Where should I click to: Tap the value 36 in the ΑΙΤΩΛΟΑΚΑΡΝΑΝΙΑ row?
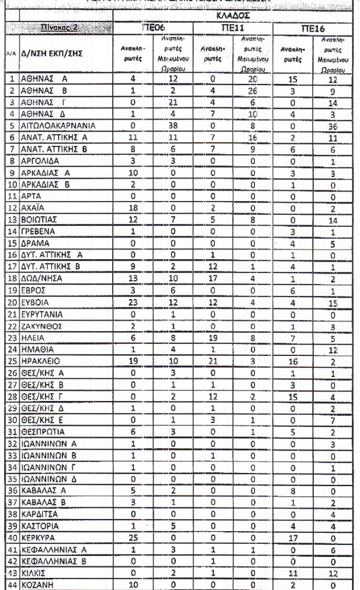[x=337, y=127]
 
